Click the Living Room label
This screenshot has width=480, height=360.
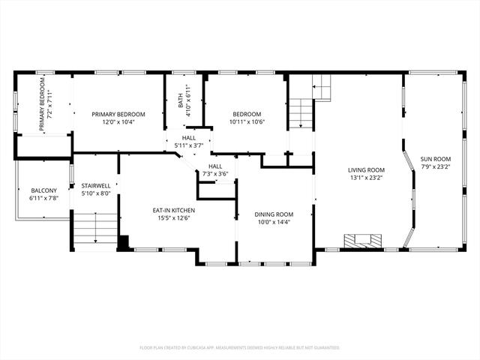point(366,170)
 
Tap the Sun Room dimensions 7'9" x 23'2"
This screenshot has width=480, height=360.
point(436,166)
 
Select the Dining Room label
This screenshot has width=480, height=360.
point(274,214)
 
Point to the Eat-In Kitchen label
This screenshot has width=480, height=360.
point(174,211)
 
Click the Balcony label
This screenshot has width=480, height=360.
point(43,190)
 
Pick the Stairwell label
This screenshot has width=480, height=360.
point(96,186)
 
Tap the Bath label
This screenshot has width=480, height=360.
point(181,100)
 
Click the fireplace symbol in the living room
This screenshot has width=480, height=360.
point(363,241)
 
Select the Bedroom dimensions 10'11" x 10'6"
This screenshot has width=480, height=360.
point(247,121)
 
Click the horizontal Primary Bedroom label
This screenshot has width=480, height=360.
point(118,115)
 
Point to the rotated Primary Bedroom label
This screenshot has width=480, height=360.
point(42,104)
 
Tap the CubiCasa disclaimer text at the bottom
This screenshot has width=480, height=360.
point(240,348)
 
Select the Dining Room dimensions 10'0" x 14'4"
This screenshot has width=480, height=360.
point(274,222)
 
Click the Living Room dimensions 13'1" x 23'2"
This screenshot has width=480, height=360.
point(366,178)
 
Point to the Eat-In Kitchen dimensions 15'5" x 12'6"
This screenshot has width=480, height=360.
point(174,218)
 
